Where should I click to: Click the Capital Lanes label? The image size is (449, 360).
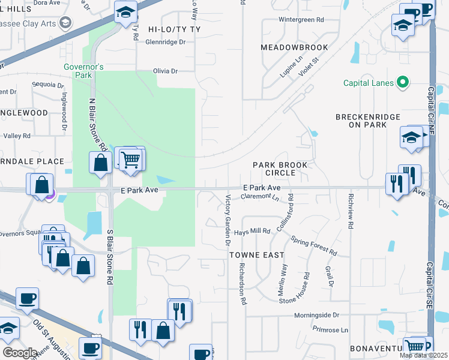(x=369, y=83)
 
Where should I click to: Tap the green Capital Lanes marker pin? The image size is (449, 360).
(x=403, y=83)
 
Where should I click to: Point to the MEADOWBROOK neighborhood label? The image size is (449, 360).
(x=294, y=47)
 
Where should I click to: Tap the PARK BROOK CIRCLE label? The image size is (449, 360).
(x=280, y=169)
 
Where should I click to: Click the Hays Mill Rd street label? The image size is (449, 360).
(x=253, y=231)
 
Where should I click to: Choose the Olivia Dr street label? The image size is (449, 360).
(x=166, y=71)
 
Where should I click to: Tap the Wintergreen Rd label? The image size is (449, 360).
(x=301, y=20)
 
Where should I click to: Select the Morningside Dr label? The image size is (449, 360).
(x=316, y=315)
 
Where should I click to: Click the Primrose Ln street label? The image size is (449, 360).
(x=330, y=330)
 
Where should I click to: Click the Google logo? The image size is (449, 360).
(x=20, y=353)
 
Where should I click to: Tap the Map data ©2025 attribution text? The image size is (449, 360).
(x=424, y=355)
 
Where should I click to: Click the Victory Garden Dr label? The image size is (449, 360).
(x=228, y=220)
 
